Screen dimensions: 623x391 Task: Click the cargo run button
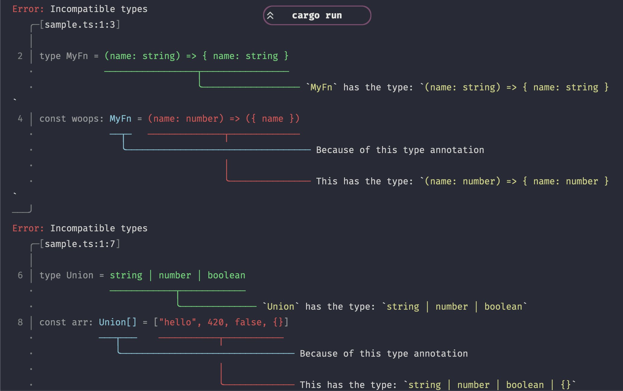click(x=317, y=15)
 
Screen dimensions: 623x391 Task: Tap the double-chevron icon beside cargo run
click(x=270, y=15)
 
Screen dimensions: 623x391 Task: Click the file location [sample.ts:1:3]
click(x=80, y=25)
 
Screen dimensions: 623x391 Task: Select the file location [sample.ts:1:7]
click(x=80, y=244)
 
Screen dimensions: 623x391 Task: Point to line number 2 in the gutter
click(x=20, y=56)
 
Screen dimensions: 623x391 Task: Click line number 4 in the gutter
click(x=20, y=119)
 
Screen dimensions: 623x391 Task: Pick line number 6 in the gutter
click(x=20, y=275)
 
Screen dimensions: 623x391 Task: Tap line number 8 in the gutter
click(x=20, y=322)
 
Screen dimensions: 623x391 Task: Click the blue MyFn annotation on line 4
click(x=120, y=119)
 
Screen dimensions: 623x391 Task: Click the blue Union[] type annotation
click(x=118, y=322)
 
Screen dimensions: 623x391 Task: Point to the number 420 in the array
click(x=216, y=322)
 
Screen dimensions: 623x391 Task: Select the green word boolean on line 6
click(x=226, y=275)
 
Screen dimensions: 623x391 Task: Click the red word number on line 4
click(x=202, y=119)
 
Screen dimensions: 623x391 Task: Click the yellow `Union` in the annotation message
click(x=281, y=307)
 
